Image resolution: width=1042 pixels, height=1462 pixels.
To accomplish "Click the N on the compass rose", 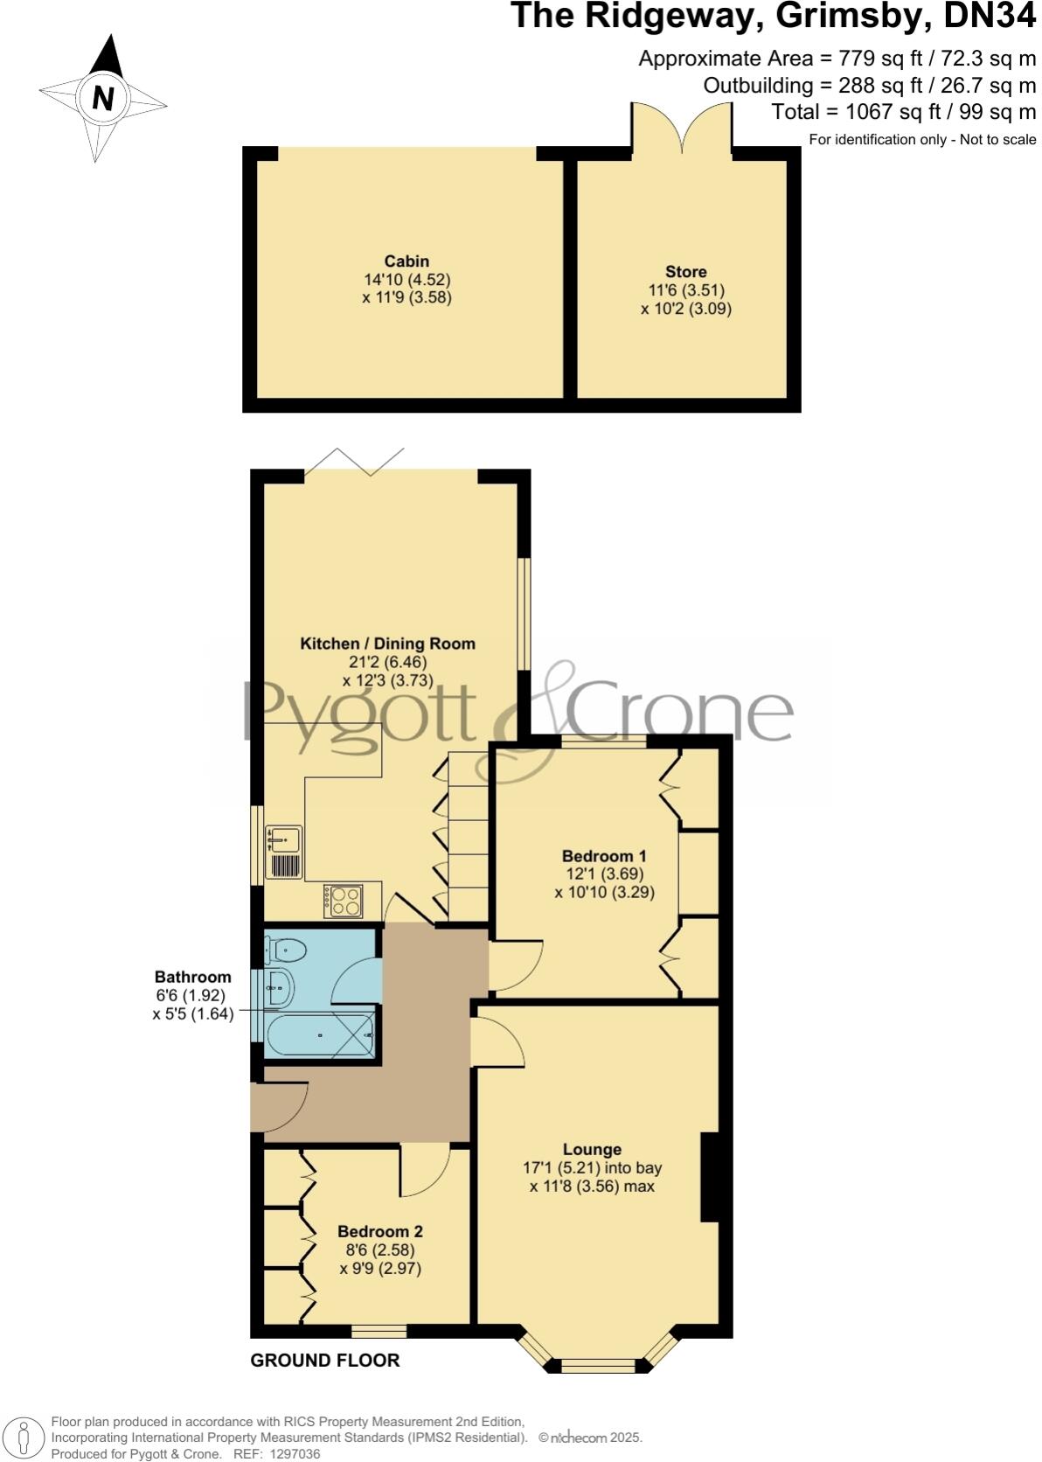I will [103, 98].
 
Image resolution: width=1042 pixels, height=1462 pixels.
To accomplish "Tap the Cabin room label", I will [406, 261].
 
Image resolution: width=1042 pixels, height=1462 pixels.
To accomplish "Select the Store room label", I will [685, 272].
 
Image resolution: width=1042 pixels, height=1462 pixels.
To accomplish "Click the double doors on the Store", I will [683, 128].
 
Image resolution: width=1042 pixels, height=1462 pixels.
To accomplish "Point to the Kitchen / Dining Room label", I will [388, 644].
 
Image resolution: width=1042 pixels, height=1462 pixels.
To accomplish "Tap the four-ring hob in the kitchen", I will [343, 901].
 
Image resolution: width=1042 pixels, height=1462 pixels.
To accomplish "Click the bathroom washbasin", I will [279, 989].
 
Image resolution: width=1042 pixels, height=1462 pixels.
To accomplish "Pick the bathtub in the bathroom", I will [319, 1037].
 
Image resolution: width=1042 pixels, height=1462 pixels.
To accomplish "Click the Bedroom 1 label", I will [604, 856].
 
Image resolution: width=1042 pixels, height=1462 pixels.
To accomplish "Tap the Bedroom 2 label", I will [380, 1232].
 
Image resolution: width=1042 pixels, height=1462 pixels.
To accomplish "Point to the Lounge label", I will [592, 1150].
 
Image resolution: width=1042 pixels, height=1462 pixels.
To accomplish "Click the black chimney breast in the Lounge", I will [709, 1177].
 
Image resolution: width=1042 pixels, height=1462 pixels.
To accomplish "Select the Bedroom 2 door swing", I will [425, 1171].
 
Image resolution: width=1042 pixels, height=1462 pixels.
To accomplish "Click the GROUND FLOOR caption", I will [324, 1361].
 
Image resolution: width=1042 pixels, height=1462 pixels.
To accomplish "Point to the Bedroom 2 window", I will [379, 1332].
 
